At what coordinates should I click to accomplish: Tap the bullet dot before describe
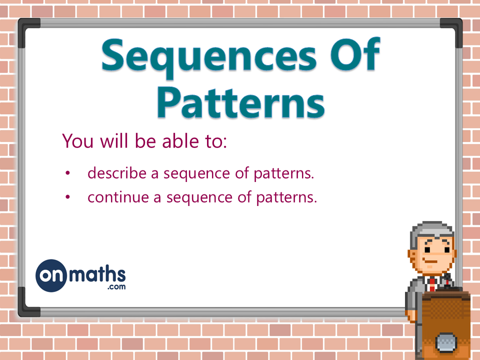pyautogui.click(x=68, y=173)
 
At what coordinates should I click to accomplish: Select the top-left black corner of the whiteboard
pyautogui.click(x=28, y=28)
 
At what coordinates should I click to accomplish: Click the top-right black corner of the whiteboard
pyautogui.click(x=452, y=28)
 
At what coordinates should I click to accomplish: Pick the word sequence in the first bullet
pyautogui.click(x=193, y=173)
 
